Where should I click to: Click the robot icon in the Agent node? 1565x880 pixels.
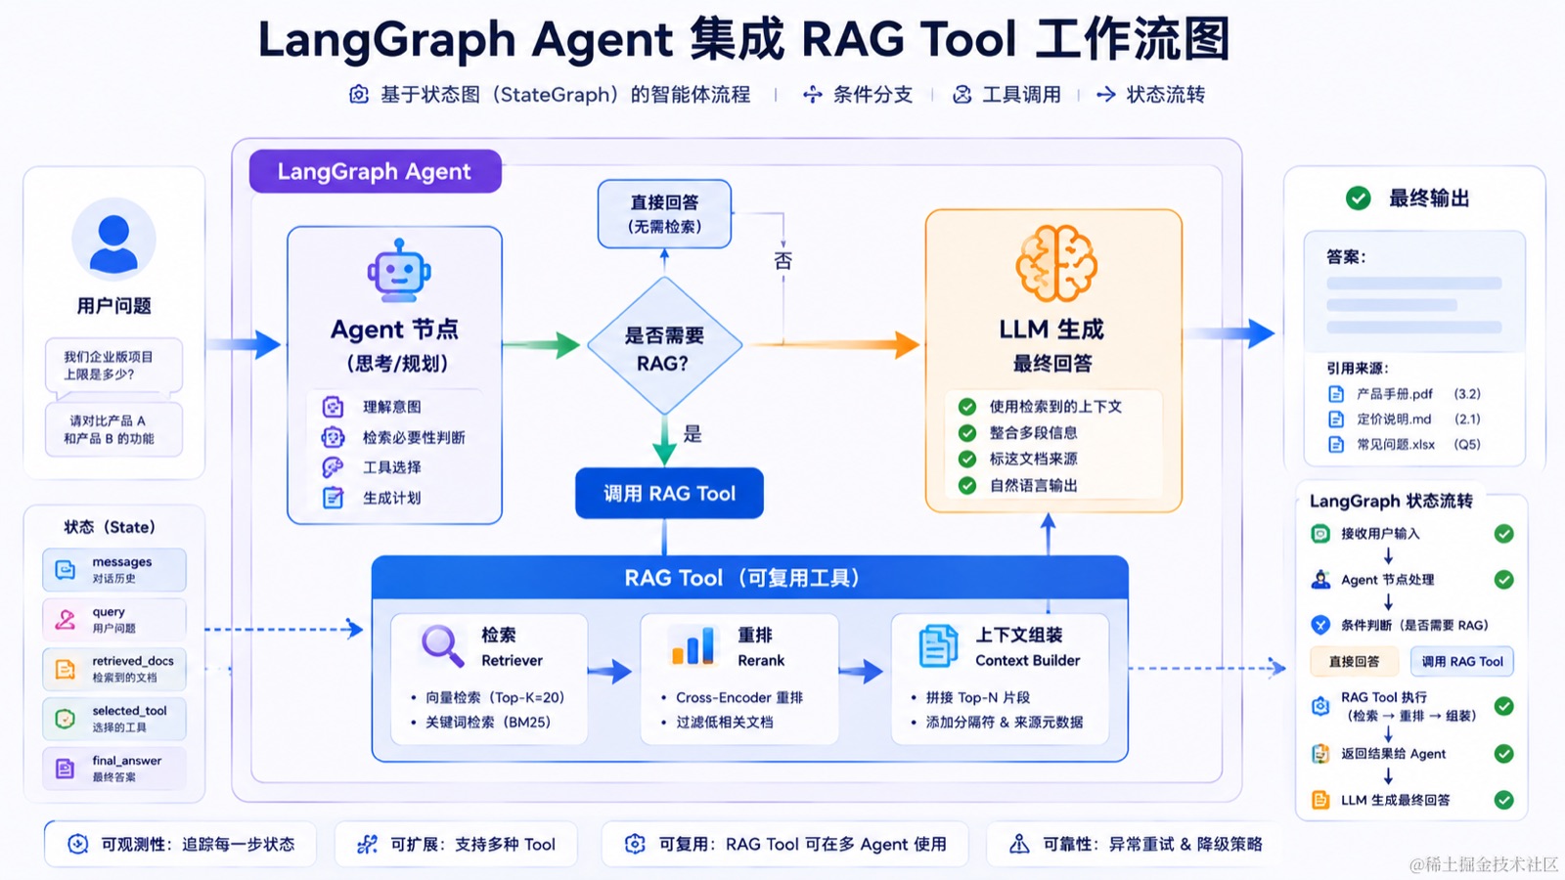[399, 270]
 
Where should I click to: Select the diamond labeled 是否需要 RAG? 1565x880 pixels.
[664, 346]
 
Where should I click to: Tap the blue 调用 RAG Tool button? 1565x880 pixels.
[669, 493]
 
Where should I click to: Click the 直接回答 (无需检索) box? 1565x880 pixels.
[664, 214]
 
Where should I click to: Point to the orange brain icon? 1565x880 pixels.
[1055, 263]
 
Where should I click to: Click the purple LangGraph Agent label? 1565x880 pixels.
[376, 171]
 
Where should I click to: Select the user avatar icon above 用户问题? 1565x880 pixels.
[113, 239]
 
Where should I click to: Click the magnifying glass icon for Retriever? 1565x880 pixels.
[442, 646]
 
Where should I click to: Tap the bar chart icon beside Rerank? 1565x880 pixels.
[693, 645]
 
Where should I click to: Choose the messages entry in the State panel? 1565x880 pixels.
[114, 570]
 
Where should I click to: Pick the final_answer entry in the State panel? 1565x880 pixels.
[114, 769]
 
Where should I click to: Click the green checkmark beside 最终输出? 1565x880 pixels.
[1359, 198]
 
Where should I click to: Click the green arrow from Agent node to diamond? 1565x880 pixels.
[542, 344]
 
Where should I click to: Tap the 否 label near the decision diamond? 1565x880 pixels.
[783, 260]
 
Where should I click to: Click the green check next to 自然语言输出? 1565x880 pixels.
[967, 485]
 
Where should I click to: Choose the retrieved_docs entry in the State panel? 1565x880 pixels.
[114, 669]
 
